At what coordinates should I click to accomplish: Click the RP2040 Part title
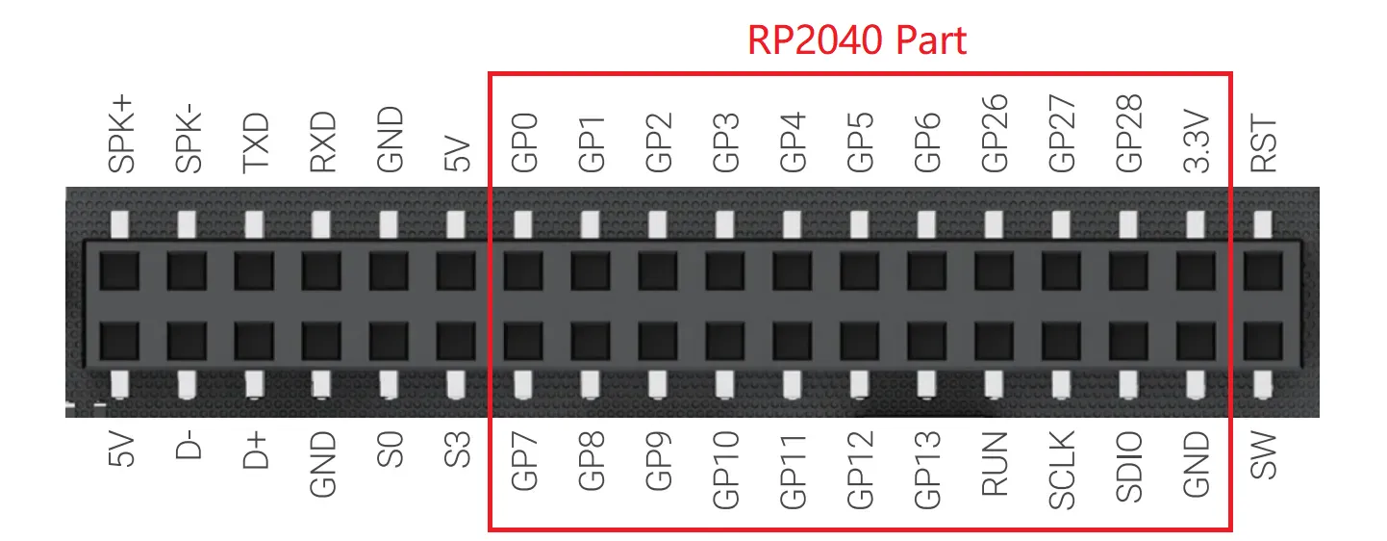point(857,40)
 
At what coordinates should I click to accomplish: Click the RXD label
point(323,142)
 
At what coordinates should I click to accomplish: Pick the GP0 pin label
point(524,144)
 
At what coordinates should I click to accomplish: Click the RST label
point(1263,144)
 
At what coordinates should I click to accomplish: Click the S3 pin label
point(458,450)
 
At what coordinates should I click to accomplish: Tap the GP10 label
point(726,469)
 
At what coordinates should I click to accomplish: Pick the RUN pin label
point(995,463)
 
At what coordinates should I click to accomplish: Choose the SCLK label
point(1062,468)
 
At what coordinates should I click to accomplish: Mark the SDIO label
point(1129,466)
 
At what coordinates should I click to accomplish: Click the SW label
point(1263,454)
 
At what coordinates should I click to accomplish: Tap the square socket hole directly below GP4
point(793,270)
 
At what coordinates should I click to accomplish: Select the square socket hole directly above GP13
point(927,340)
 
